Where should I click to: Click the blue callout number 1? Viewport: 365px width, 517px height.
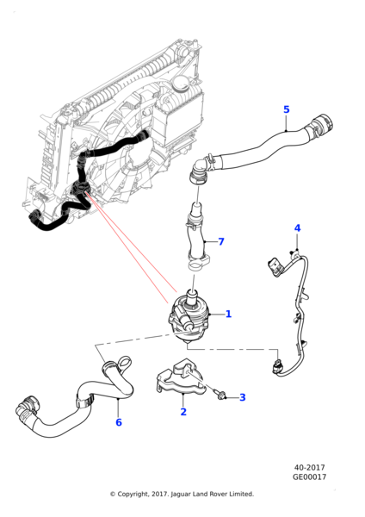228,314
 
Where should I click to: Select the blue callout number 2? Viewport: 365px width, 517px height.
183,412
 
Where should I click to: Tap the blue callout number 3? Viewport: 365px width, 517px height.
243,397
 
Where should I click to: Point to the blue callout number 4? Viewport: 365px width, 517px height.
297,227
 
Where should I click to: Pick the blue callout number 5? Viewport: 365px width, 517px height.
287,109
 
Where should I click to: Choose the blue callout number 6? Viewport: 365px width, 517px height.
119,422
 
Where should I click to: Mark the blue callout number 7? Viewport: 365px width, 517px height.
221,241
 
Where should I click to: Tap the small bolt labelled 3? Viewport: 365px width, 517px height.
221,394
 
